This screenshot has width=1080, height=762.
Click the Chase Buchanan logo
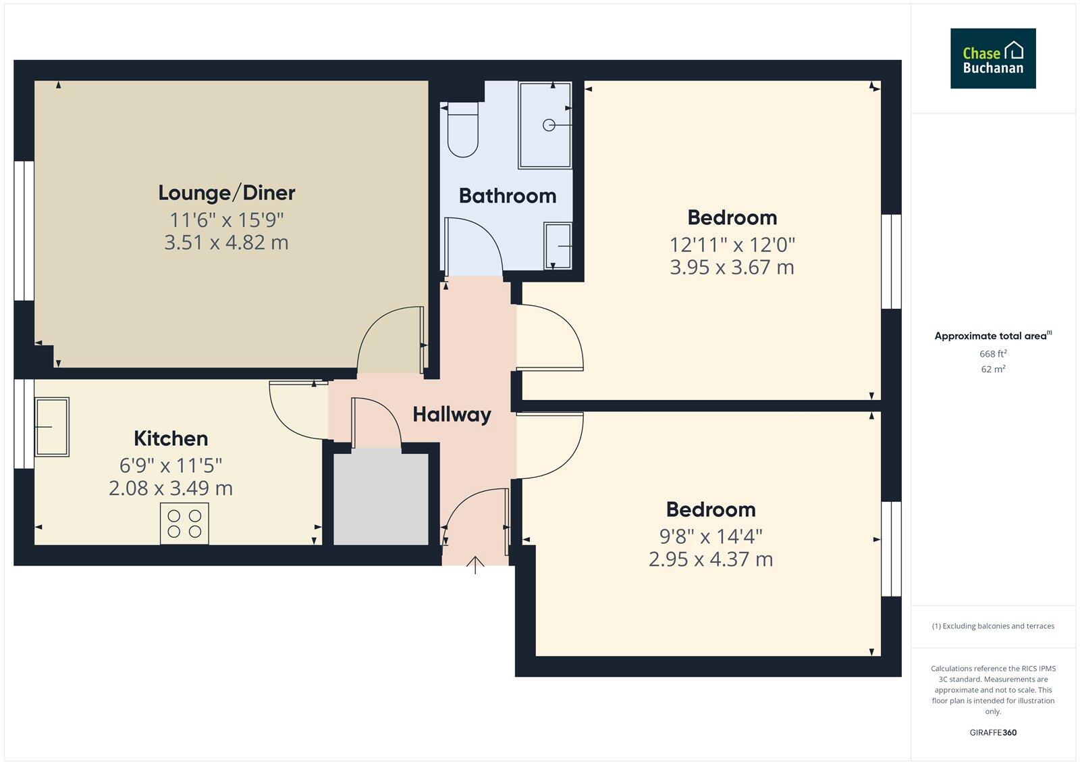click(993, 59)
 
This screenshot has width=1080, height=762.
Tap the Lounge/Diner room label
click(227, 193)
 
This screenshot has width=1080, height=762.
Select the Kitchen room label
click(171, 438)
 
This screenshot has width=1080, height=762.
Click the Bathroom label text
click(508, 196)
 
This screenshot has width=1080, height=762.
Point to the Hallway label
click(452, 414)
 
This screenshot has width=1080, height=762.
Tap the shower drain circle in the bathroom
click(549, 125)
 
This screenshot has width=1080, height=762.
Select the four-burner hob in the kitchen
click(184, 524)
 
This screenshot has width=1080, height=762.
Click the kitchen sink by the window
click(52, 426)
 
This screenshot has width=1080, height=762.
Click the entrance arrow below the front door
click(476, 565)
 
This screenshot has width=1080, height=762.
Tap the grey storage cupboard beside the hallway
click(381, 499)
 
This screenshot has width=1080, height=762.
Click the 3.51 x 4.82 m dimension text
click(227, 243)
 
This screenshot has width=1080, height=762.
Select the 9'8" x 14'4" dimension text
click(711, 536)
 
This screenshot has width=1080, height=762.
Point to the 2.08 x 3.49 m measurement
click(171, 488)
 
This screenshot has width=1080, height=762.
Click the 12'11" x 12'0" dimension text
click(732, 245)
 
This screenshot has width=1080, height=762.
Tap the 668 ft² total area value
click(993, 354)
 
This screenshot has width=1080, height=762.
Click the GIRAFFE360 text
click(993, 732)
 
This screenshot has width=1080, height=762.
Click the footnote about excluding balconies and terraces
click(993, 626)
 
